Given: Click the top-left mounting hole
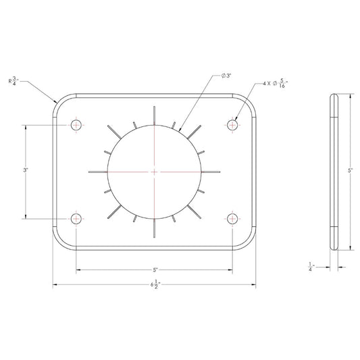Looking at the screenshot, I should pos(76,125).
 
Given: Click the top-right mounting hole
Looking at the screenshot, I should pos(233,125).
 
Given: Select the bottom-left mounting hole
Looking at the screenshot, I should pos(76,218).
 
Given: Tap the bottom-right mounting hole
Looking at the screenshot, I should pos(233,218).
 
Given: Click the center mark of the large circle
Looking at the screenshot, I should pos(155,172).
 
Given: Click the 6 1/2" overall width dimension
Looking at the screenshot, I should pos(155,286).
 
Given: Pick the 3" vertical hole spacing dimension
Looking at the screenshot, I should pos(25,172).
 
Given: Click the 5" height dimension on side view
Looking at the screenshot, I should pos(351,172).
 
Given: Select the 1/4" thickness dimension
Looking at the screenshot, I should pos(310,268).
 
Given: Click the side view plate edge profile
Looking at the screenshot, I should pos(333,172).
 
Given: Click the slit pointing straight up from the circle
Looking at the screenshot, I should pos(155,114).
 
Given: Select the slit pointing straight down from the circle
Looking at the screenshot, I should pos(155,229).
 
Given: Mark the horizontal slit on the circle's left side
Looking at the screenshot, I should pos(98,172).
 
